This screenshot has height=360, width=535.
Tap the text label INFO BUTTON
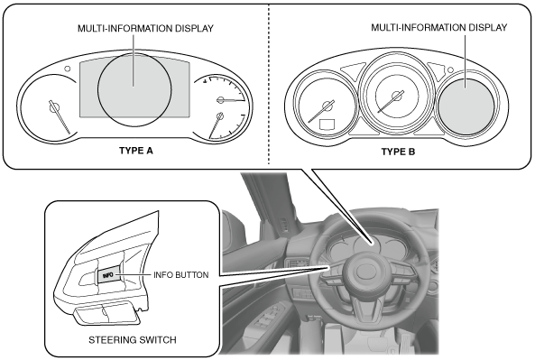click(180, 275)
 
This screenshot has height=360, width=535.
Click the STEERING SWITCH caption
click(133, 340)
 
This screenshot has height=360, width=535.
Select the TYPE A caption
click(136, 151)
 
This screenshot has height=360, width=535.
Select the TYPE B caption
click(398, 152)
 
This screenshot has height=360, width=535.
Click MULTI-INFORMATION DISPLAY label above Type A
click(145, 28)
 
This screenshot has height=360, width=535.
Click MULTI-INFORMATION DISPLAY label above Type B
click(439, 27)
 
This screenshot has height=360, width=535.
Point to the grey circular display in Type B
click(466, 106)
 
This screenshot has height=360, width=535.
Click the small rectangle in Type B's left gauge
click(327, 125)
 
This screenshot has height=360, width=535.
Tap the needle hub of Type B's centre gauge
click(396, 96)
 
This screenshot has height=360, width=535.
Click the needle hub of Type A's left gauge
click(54, 107)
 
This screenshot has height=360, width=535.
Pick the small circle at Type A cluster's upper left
click(68, 69)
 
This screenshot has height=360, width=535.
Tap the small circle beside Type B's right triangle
click(450, 70)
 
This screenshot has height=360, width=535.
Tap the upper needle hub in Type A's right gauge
click(220, 100)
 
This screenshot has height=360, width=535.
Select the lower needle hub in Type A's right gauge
click(220, 116)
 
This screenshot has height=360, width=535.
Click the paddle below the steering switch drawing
click(106, 313)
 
